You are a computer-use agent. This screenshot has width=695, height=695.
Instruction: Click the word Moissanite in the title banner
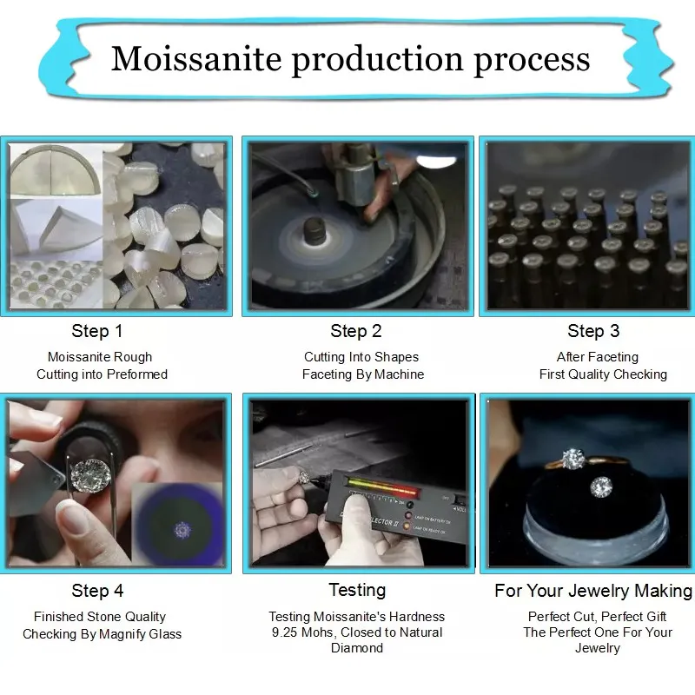(195, 59)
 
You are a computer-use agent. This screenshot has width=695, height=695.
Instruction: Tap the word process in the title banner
(532, 59)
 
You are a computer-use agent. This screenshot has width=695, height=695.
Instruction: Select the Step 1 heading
(97, 331)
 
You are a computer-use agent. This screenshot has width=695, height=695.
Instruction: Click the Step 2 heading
(356, 331)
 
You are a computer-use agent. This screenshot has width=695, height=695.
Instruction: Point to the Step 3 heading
(593, 331)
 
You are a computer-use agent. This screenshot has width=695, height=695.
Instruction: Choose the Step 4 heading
(97, 591)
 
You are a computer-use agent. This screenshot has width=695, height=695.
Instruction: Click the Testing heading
(357, 590)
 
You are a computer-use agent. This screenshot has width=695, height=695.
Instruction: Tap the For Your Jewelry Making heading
(593, 591)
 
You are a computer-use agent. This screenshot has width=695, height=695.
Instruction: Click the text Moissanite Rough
(100, 357)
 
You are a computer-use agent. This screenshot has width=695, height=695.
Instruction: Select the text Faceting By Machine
(363, 374)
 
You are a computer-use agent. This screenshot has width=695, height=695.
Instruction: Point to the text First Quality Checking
(603, 374)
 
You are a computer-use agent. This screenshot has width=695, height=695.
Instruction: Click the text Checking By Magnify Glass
(103, 634)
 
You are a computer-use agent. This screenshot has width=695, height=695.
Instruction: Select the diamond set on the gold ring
(571, 457)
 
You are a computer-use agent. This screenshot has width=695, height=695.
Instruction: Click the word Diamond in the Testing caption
(357, 648)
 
